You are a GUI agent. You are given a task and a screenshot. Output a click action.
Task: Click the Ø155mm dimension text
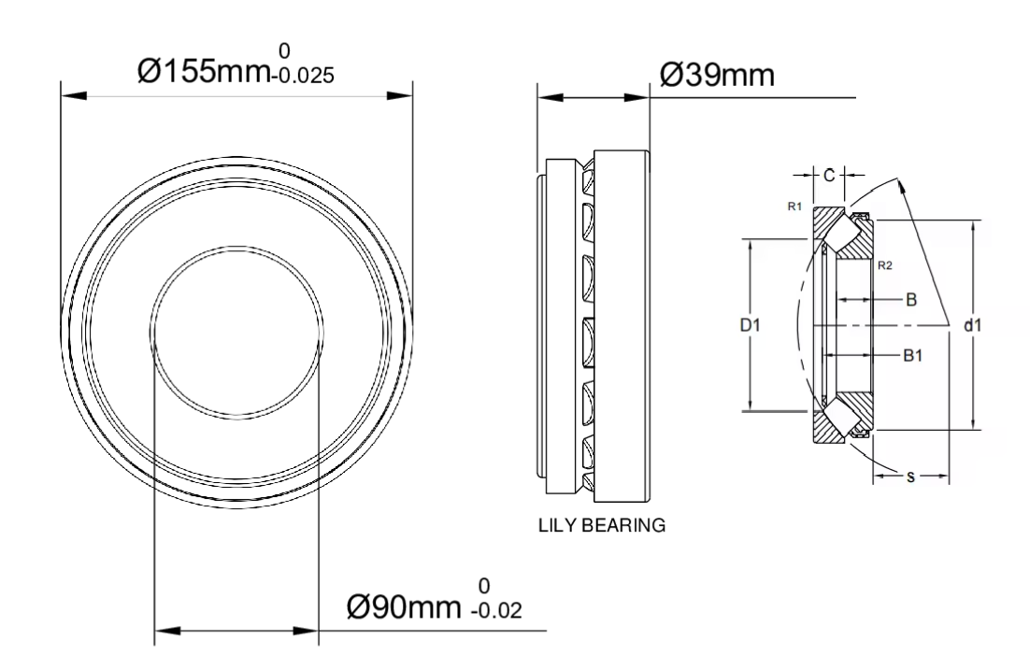[x=204, y=71]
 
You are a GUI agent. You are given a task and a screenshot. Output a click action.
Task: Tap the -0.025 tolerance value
[x=303, y=76]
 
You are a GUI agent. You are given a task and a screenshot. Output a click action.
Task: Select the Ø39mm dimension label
[x=717, y=75]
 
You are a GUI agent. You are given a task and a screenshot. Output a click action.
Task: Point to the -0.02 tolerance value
[x=496, y=611]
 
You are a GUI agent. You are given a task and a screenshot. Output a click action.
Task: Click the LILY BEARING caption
[x=602, y=525]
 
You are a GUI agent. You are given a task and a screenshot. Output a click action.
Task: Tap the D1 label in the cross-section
[x=751, y=325]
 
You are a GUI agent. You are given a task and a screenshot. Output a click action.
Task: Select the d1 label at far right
[x=973, y=325]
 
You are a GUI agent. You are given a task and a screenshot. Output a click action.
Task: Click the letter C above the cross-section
[x=829, y=176]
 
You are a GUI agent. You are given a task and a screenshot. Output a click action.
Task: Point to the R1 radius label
[x=794, y=206]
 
